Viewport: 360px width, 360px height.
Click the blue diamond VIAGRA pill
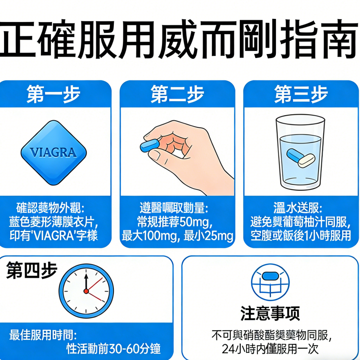pyautogui.click(x=53, y=153)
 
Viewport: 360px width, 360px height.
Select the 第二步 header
pyautogui.click(x=177, y=94)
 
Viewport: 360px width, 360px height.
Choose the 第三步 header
pyautogui.click(x=301, y=94)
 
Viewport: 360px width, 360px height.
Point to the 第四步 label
pyautogui.click(x=31, y=271)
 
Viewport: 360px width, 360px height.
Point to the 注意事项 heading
pyautogui.click(x=270, y=313)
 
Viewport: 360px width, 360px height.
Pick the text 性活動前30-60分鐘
pyautogui.click(x=113, y=348)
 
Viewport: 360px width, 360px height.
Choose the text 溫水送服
pyautogui.click(x=297, y=208)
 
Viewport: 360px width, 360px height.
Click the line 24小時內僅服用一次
pyautogui.click(x=270, y=349)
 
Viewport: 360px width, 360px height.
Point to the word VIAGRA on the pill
pyautogui.click(x=53, y=153)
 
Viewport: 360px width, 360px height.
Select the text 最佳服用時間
pyautogui.click(x=43, y=335)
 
